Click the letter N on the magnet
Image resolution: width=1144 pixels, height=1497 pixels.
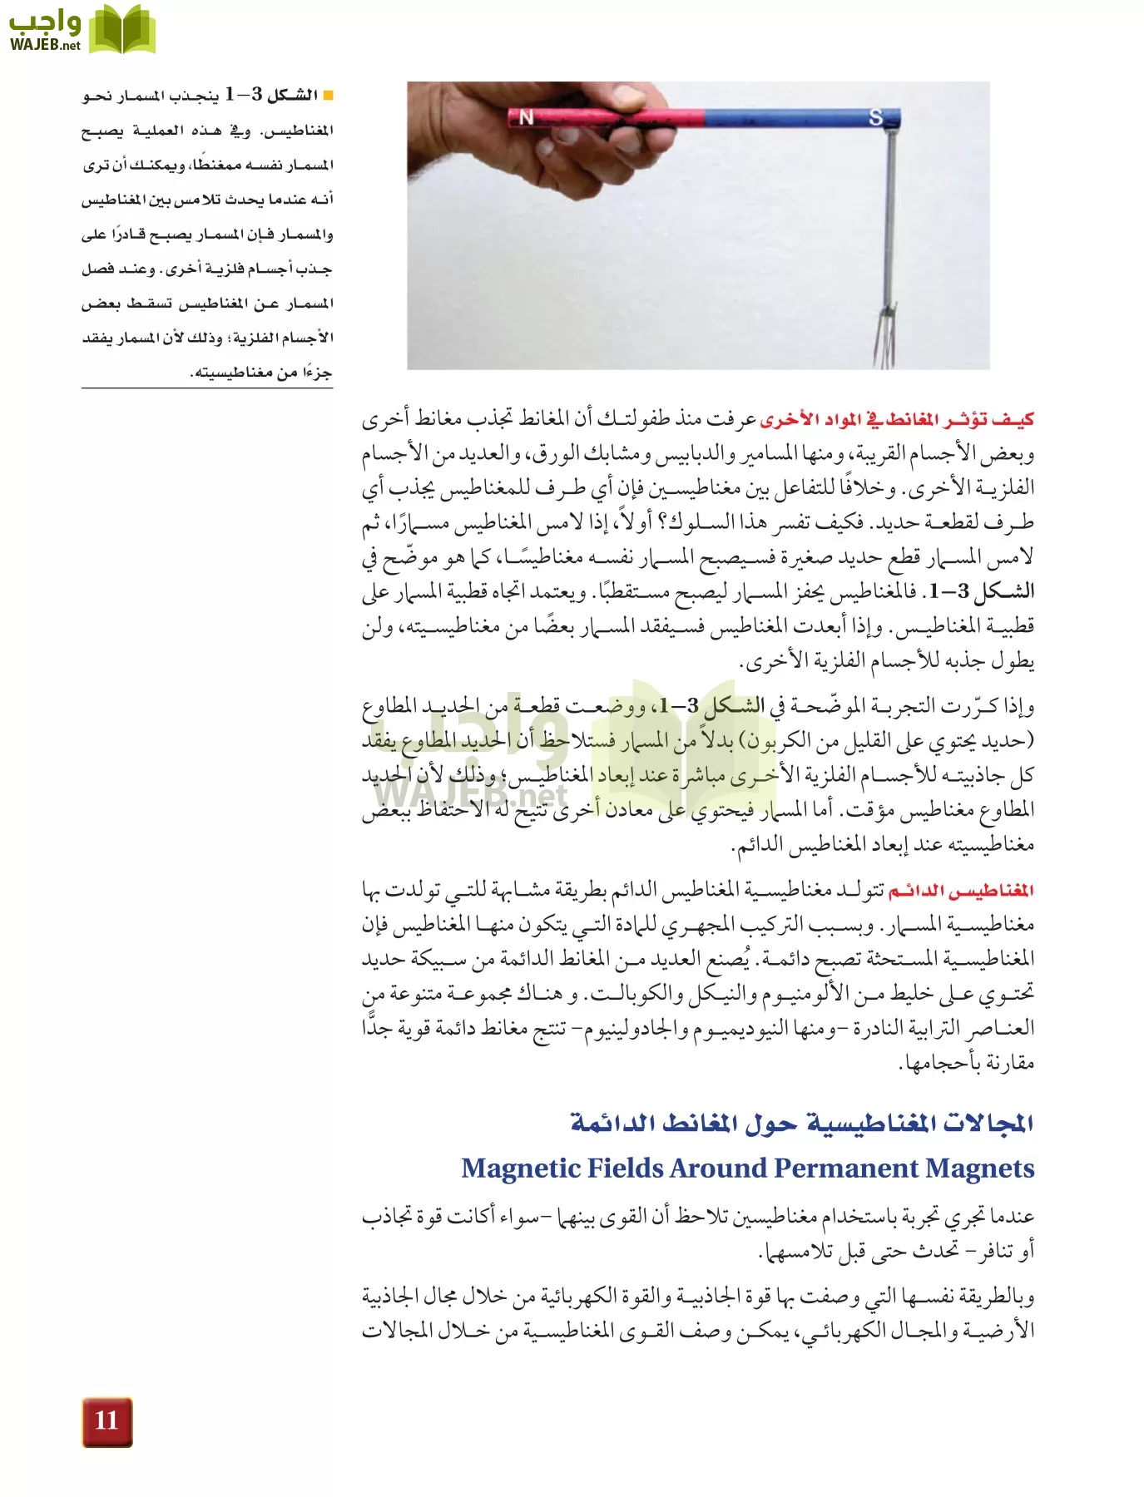click(526, 118)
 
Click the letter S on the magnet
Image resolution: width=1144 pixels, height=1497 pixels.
click(875, 117)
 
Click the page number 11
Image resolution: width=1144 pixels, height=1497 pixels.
click(106, 1420)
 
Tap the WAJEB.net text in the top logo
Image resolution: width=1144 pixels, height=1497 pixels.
click(45, 45)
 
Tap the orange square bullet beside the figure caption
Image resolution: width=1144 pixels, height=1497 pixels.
click(328, 96)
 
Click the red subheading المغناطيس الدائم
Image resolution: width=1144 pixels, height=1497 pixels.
click(961, 891)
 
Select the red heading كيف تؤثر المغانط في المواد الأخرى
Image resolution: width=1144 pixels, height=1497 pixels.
click(897, 419)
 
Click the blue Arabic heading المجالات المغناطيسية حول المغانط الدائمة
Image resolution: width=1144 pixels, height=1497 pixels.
click(802, 1123)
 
